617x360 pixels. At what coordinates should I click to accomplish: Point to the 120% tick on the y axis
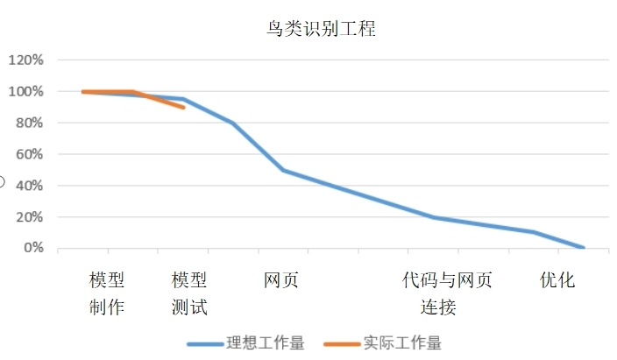(x=25, y=60)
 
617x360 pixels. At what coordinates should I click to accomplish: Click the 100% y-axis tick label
(x=25, y=92)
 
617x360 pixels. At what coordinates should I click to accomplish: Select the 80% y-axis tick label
(x=28, y=124)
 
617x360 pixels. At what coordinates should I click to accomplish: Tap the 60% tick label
(x=28, y=155)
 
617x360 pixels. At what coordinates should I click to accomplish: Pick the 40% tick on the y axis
(x=28, y=186)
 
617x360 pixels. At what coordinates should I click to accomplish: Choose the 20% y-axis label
(x=28, y=217)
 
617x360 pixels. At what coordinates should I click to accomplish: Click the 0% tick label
(x=32, y=249)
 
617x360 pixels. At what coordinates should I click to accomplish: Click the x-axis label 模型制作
(x=107, y=293)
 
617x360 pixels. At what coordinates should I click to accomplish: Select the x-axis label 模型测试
(x=189, y=293)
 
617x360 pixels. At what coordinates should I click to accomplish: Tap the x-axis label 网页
(x=281, y=280)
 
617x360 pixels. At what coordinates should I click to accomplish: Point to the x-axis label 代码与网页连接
(x=447, y=293)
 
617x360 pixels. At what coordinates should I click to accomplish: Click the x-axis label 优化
(x=557, y=280)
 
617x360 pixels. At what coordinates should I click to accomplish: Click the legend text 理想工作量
(x=266, y=343)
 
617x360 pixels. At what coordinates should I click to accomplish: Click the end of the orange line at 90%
(x=183, y=107)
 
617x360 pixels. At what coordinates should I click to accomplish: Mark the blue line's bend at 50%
(x=283, y=170)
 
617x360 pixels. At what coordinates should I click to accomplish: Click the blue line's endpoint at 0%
(x=583, y=248)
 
